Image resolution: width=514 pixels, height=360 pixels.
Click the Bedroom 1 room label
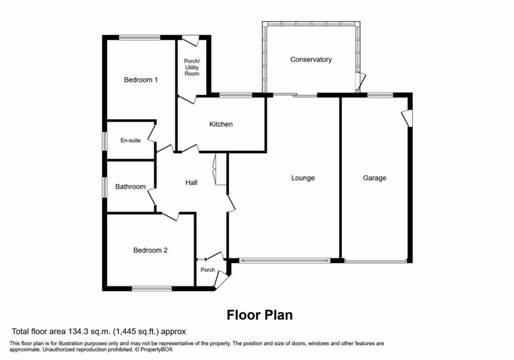pos(141,80)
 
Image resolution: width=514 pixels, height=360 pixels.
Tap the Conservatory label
pos(311,60)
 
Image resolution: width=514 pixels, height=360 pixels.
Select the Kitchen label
pos(221,124)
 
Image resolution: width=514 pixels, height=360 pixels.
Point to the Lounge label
pos(303,178)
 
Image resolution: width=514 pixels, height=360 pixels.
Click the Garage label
pos(375,178)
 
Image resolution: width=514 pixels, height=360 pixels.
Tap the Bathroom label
pos(130,187)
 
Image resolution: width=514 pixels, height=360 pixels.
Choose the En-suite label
pos(130,141)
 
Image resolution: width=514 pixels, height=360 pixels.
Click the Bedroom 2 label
pos(150,250)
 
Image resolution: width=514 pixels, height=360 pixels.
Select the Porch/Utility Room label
pos(192,67)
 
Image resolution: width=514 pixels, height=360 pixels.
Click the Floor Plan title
pos(260,314)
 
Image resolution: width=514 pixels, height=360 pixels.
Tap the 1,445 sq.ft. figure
pos(139,331)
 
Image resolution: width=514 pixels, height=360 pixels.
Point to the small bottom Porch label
pos(207,270)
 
